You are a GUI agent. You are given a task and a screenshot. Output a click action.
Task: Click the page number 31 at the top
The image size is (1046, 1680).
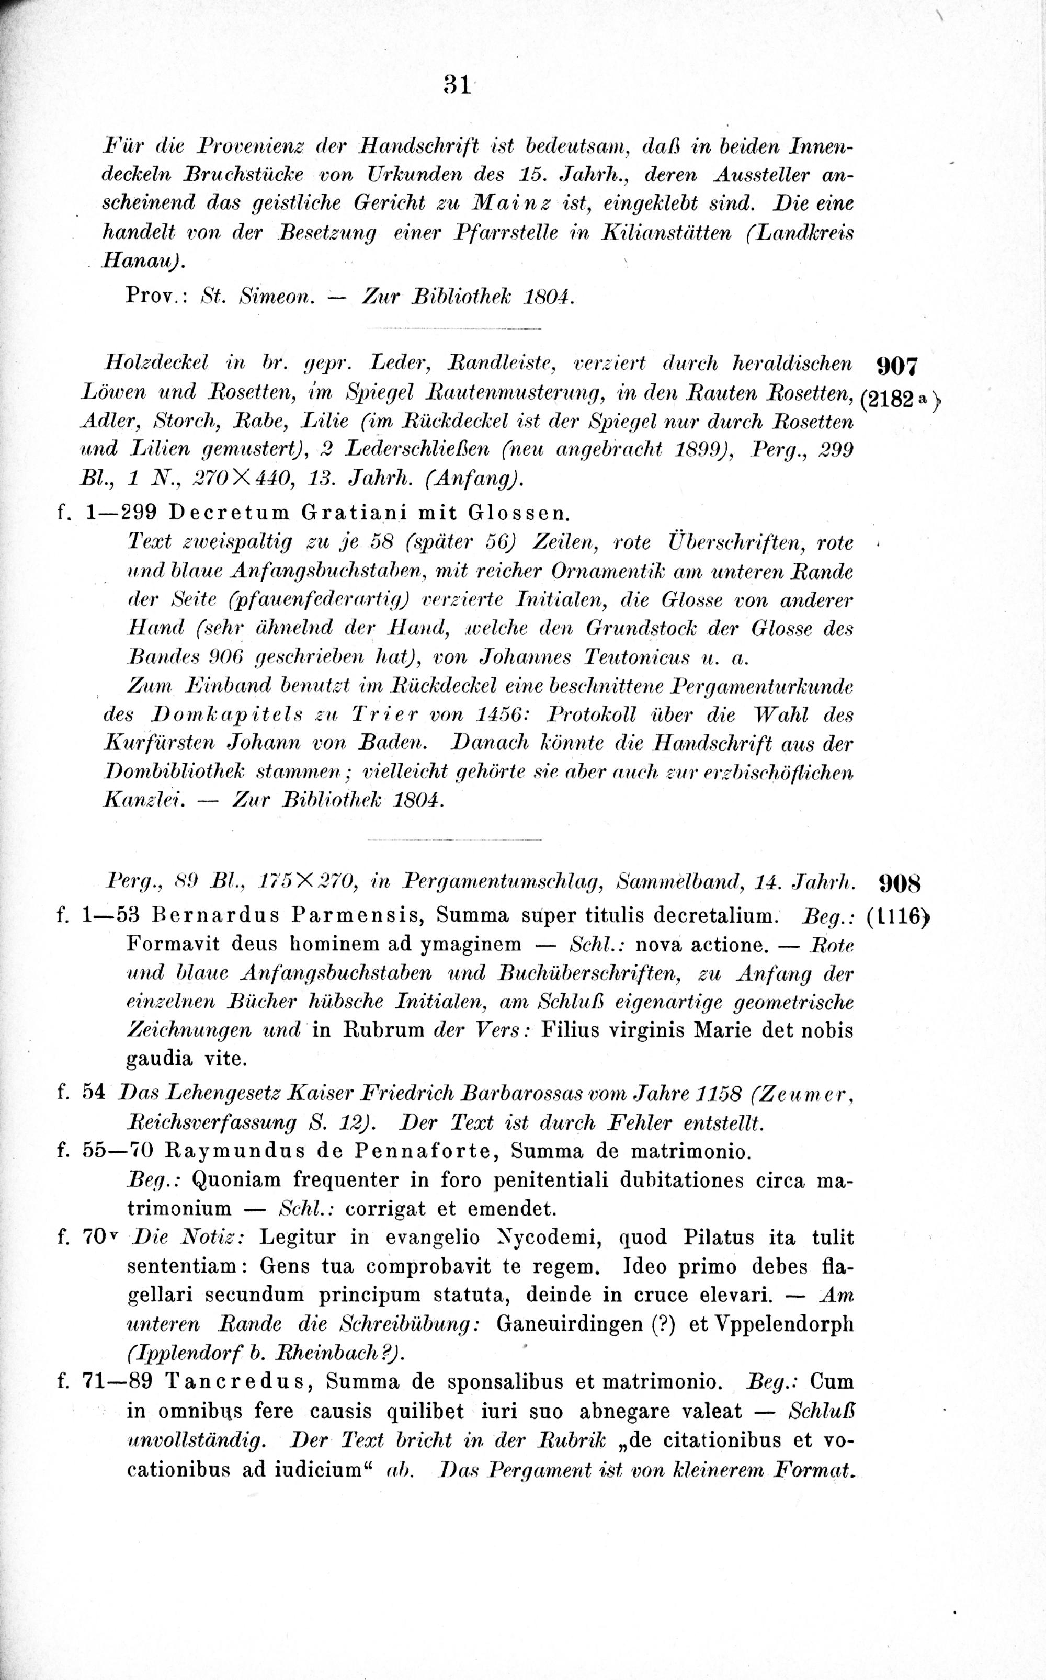click(x=457, y=85)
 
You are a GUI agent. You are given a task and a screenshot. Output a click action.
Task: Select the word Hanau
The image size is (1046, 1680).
click(x=140, y=261)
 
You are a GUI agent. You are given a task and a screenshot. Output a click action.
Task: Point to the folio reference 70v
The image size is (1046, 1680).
click(x=96, y=1238)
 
